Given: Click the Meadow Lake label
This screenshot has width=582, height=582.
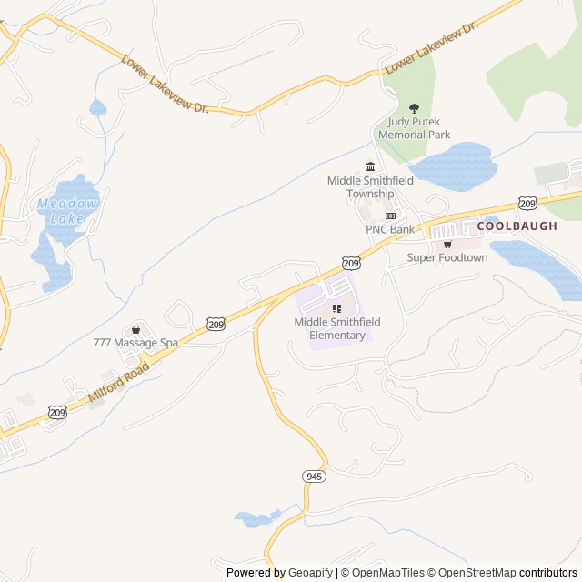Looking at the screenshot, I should (x=68, y=210).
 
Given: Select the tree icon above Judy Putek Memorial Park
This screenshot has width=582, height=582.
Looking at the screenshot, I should (x=415, y=109).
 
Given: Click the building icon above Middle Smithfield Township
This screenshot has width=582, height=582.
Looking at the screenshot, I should (x=370, y=166).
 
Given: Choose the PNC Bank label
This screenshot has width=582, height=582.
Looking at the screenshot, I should (x=390, y=229).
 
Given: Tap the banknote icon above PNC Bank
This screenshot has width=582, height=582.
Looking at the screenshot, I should (x=391, y=216).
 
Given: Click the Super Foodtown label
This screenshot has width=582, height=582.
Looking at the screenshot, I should (x=447, y=257).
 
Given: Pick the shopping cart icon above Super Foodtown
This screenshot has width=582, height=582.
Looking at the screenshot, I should (x=447, y=244).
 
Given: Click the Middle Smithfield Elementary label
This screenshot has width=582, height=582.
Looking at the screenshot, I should (x=337, y=328).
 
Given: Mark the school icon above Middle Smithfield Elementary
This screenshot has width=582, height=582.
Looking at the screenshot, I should (x=337, y=309).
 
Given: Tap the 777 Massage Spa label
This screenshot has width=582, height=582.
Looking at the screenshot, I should (x=135, y=343).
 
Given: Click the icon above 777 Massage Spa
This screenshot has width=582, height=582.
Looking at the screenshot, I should (x=136, y=329).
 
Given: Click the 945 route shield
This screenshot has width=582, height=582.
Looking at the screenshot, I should (x=314, y=476).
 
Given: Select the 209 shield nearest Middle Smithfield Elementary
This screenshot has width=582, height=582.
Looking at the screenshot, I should (x=353, y=263).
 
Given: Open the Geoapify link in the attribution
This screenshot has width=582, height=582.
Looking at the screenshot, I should (x=309, y=573).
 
